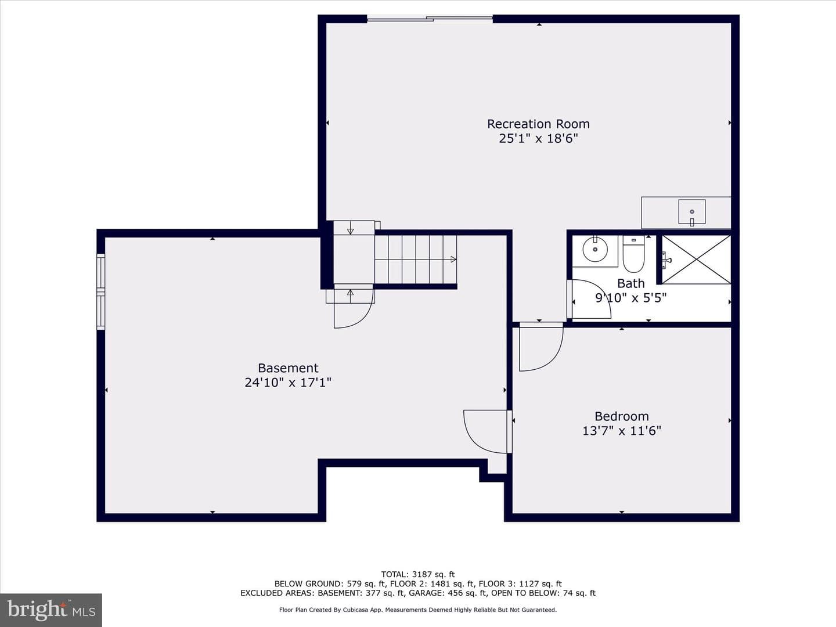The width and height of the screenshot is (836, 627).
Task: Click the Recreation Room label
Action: click(x=538, y=124)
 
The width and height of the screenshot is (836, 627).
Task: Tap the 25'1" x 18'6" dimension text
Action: click(x=538, y=138)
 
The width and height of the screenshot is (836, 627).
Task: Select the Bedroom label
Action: click(x=622, y=416)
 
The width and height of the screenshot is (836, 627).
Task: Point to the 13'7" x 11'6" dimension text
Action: click(x=622, y=431)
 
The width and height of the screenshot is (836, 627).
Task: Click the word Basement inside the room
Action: click(x=288, y=367)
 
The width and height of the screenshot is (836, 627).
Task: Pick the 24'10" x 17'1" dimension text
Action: click(x=288, y=382)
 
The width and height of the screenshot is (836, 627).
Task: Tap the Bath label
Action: click(x=630, y=283)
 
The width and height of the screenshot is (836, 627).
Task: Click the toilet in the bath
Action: click(x=633, y=254)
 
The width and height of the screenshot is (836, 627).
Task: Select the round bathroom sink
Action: click(x=595, y=250)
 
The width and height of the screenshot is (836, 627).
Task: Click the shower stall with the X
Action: click(x=696, y=260)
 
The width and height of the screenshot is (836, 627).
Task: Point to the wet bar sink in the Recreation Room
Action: click(x=691, y=212)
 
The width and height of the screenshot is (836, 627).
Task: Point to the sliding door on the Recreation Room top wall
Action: click(x=430, y=18)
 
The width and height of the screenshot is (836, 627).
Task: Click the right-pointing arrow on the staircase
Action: click(x=453, y=260)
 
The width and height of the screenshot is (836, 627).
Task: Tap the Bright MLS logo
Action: click(x=51, y=610)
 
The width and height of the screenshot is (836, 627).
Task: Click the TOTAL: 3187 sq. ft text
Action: click(x=418, y=575)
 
